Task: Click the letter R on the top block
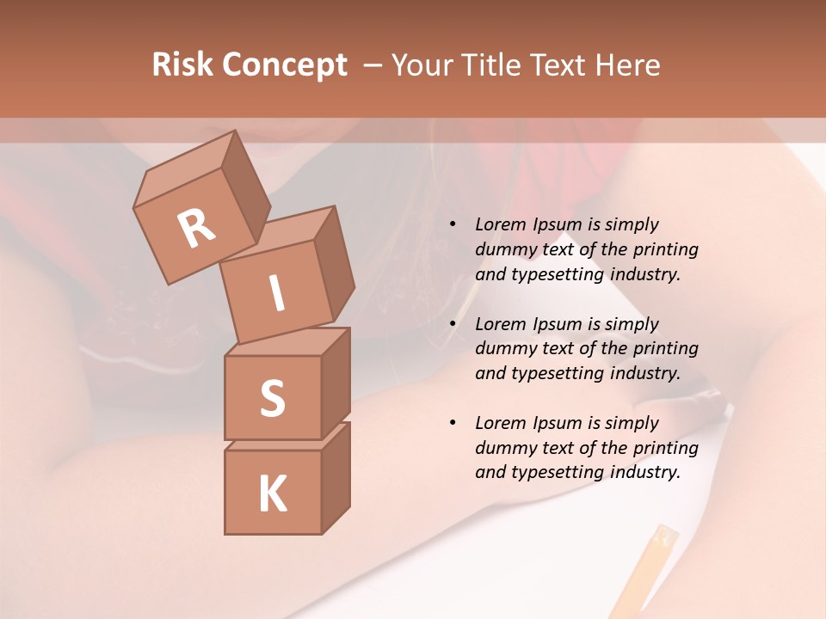coord(196,229)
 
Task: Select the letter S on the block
coord(272,398)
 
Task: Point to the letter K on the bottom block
coord(272,493)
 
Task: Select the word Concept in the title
coord(286,65)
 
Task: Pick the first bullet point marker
coord(453,225)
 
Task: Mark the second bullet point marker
coord(453,325)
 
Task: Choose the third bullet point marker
coord(453,424)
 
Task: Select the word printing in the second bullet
coord(665,349)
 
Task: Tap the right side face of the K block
coord(336,477)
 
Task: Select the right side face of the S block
coord(336,383)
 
